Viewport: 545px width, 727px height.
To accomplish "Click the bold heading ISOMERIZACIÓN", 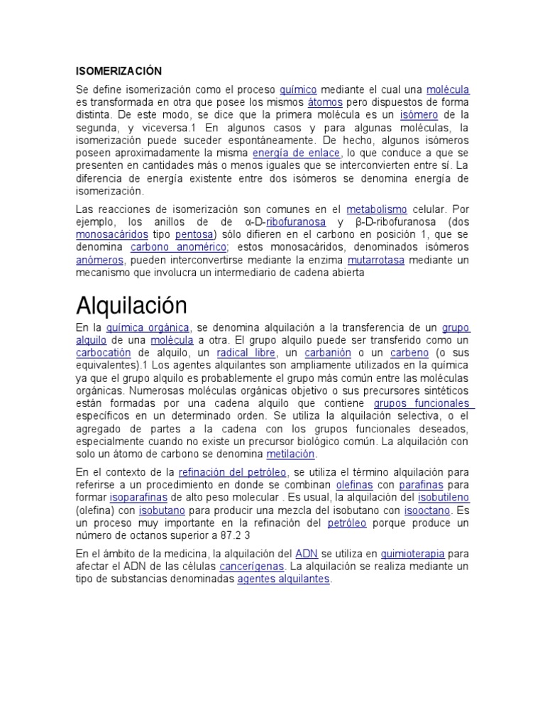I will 119,71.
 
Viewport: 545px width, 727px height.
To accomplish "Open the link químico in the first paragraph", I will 298,90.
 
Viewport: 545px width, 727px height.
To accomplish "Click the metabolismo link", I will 377,209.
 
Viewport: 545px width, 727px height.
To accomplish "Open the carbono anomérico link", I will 178,248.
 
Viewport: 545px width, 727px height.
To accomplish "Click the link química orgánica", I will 148,327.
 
